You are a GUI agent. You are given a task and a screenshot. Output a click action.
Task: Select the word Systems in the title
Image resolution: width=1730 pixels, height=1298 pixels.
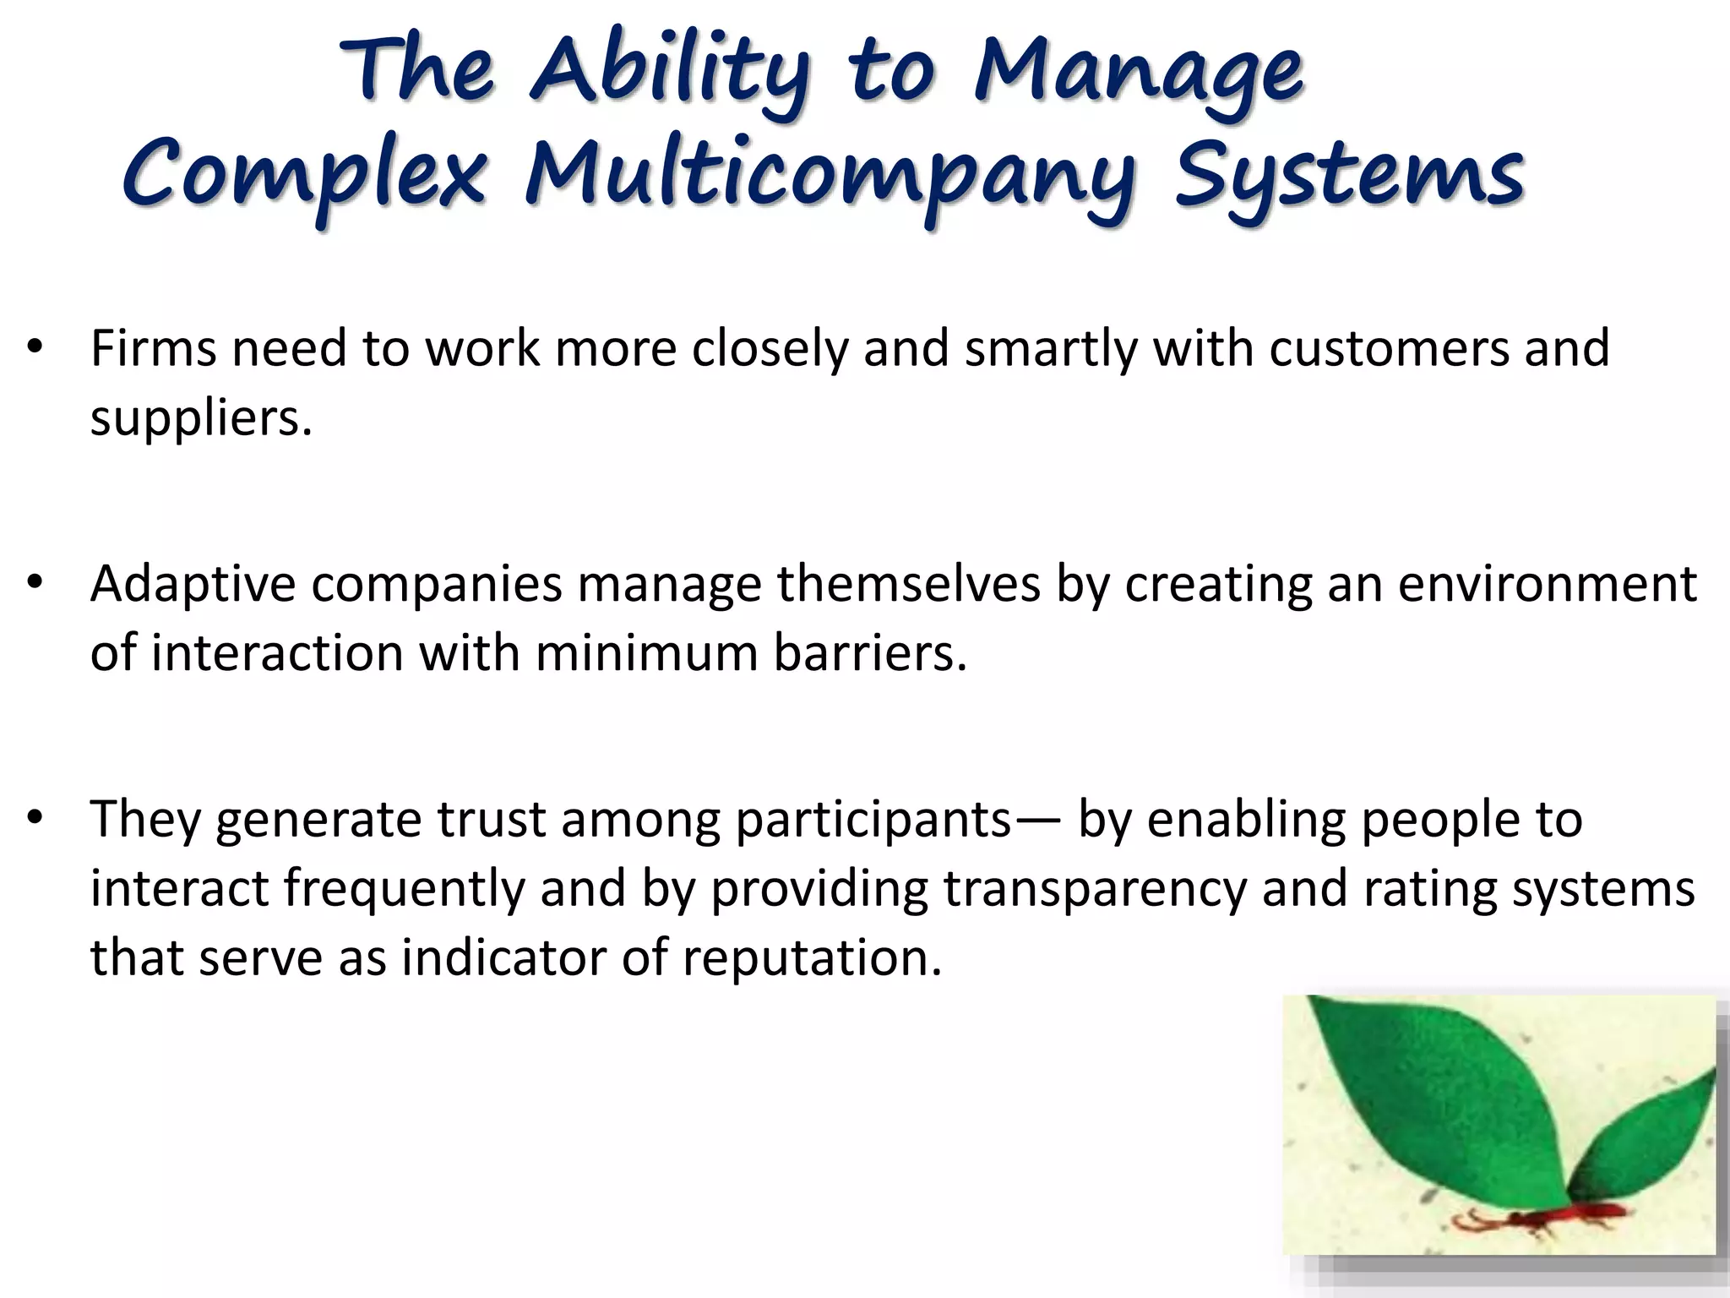tap(1349, 176)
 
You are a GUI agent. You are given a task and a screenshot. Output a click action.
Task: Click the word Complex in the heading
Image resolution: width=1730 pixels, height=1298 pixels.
tap(304, 176)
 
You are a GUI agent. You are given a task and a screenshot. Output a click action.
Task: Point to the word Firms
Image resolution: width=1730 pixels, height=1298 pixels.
tap(153, 348)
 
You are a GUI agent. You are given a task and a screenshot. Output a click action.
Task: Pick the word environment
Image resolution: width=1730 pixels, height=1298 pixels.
tap(1546, 585)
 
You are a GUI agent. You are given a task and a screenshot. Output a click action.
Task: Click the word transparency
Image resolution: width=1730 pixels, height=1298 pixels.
tap(1094, 890)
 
